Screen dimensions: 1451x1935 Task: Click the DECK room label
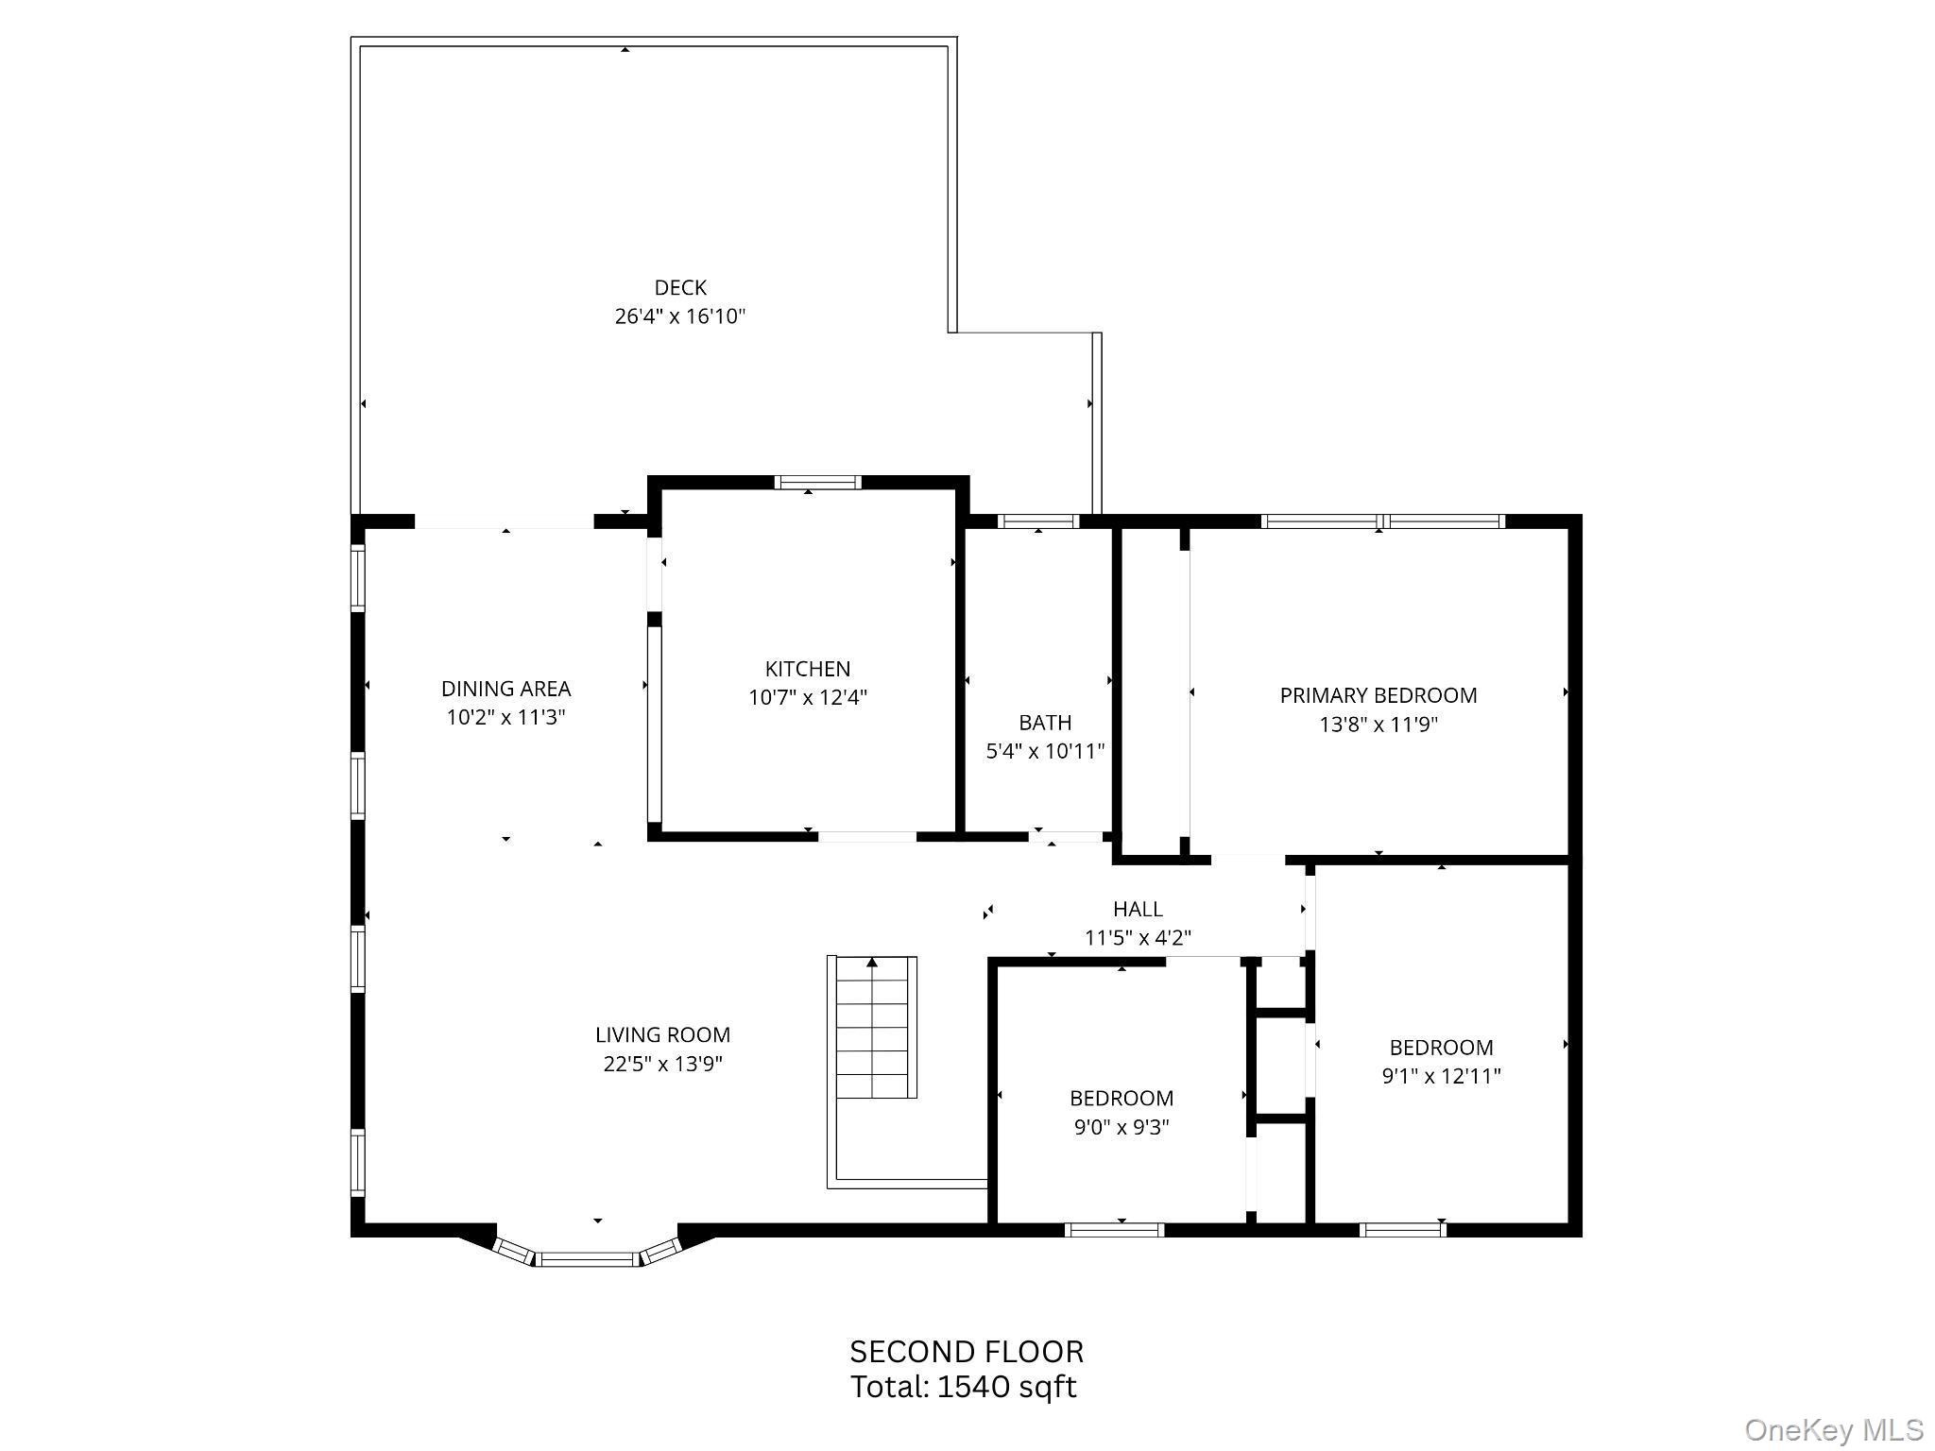tap(680, 287)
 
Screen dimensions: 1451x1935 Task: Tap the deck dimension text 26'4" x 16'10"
tap(680, 316)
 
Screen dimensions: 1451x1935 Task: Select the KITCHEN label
tap(808, 669)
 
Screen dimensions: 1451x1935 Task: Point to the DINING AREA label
tap(505, 689)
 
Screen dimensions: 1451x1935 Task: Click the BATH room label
tap(1045, 723)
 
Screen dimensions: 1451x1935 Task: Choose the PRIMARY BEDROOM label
tap(1378, 695)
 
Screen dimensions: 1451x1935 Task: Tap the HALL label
tap(1138, 909)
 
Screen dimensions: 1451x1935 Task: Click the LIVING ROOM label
tap(662, 1035)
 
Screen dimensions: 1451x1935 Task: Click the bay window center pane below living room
tap(587, 1258)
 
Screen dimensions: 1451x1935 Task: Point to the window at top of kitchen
tap(817, 483)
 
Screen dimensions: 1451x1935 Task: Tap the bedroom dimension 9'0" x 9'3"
tap(1122, 1127)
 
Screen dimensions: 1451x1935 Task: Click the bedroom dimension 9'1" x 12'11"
tap(1441, 1076)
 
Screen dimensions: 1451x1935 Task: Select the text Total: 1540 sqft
tap(964, 1387)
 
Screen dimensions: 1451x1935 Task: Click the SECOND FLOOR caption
tap(967, 1352)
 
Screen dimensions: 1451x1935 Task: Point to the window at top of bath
tap(1038, 521)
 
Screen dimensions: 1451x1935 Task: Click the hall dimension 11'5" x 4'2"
tap(1138, 938)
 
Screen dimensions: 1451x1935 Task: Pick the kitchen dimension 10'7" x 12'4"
tap(808, 698)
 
